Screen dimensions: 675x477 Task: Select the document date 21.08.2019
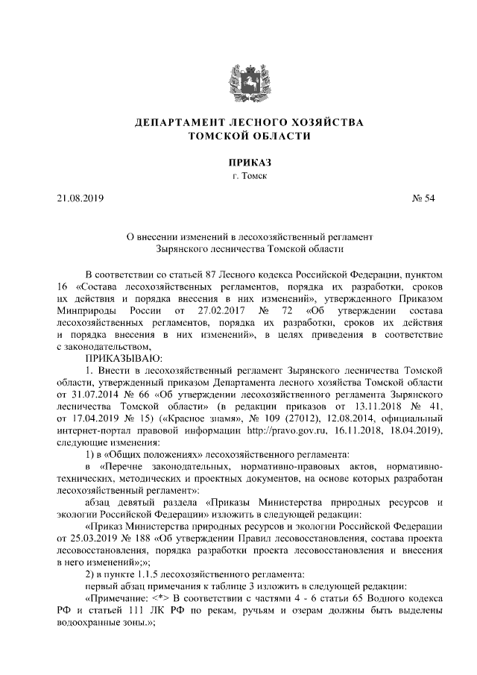[x=80, y=198]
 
